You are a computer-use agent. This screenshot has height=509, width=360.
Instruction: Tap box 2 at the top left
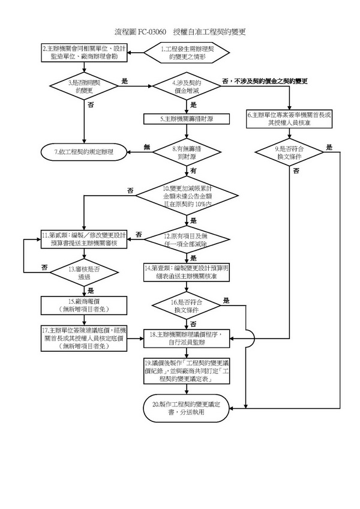pyautogui.click(x=83, y=53)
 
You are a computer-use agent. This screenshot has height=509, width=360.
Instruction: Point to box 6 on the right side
pyautogui.click(x=290, y=119)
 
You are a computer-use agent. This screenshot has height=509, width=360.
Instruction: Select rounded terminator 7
pyautogui.click(x=83, y=152)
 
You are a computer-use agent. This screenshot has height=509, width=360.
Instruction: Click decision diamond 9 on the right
pyautogui.click(x=290, y=152)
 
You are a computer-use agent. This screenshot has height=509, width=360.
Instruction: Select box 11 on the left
pyautogui.click(x=83, y=238)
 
